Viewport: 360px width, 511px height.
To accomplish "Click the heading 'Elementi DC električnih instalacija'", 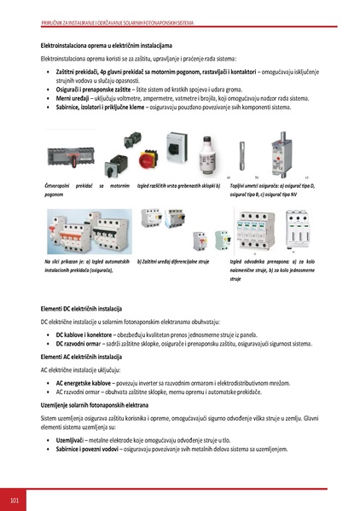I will point(82,306).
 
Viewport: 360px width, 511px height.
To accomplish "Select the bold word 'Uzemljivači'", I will point(73,439).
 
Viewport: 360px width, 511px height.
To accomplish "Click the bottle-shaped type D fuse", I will point(204,159).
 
